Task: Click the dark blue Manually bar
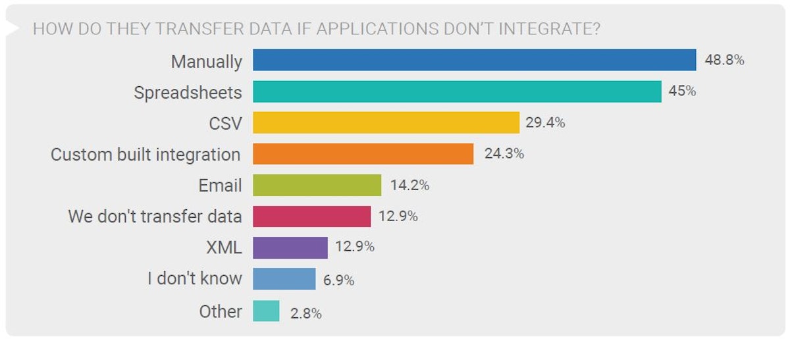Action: point(474,60)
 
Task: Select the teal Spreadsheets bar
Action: point(457,91)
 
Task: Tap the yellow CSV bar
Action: point(386,122)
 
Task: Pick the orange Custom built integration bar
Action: point(363,154)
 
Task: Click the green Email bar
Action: point(317,185)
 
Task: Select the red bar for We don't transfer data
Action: point(311,216)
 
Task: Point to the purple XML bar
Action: point(290,247)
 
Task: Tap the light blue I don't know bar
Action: point(284,279)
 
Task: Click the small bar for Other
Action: point(266,311)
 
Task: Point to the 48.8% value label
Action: point(724,61)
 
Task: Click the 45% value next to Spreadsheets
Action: point(683,91)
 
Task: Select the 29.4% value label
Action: point(545,122)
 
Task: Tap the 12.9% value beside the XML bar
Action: point(355,247)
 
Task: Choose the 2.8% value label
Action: point(306,314)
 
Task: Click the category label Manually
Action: point(206,61)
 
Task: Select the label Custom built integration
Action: point(145,155)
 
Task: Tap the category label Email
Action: point(220,186)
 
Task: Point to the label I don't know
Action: point(194,279)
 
